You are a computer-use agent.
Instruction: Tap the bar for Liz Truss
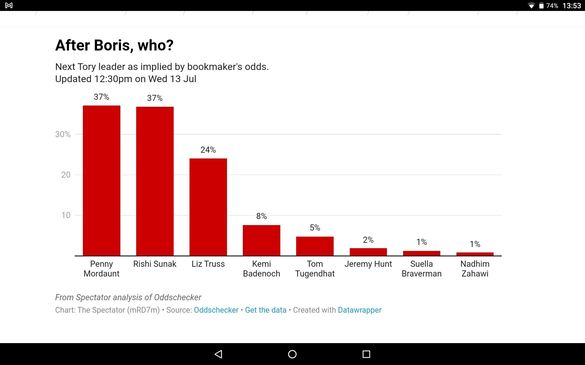point(208,207)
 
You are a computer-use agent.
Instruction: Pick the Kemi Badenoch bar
point(261,240)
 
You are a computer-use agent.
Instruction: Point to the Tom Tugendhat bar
point(315,246)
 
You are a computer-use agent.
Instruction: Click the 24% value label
point(208,150)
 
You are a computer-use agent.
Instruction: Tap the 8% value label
point(261,216)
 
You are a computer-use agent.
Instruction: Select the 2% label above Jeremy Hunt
point(368,240)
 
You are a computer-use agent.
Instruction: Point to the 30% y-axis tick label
point(63,134)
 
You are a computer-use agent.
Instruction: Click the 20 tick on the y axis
point(66,175)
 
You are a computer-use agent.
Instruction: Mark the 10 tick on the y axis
point(66,215)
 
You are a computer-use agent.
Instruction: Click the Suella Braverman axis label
point(421,269)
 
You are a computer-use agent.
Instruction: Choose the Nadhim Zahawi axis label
point(475,269)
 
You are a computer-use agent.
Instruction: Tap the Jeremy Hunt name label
point(368,264)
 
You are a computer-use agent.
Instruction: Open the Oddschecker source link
point(216,310)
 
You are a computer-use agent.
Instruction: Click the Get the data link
point(266,310)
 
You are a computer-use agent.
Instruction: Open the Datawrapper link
point(360,310)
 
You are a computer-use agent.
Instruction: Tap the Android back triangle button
point(218,354)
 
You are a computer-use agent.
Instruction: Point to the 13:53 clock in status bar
point(572,6)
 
